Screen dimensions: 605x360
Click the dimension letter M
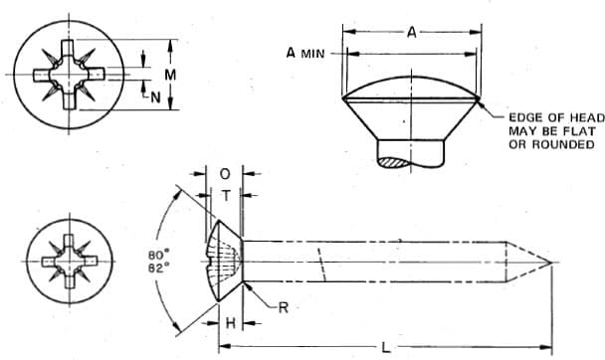[x=170, y=75]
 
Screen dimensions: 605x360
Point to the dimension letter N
[x=155, y=97]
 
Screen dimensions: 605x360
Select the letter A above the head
[x=412, y=33]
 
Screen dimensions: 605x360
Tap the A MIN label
[x=305, y=53]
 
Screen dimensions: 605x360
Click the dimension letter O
[x=225, y=174]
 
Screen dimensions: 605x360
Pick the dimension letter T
[x=226, y=196]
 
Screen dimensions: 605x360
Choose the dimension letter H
[x=230, y=323]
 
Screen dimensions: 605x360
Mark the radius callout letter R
[x=284, y=307]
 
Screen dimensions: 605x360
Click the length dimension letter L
[x=385, y=348]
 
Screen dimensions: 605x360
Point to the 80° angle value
[x=158, y=256]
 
